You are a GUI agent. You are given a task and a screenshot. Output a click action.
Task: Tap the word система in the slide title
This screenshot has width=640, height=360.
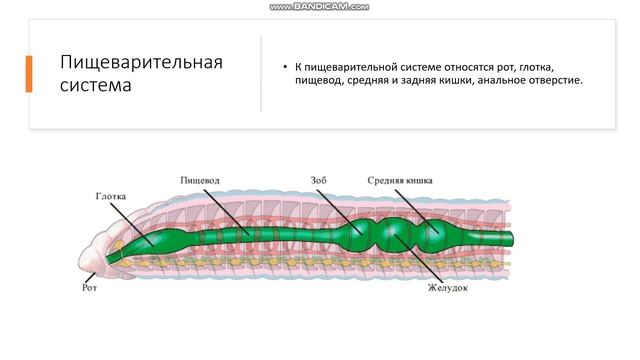96,85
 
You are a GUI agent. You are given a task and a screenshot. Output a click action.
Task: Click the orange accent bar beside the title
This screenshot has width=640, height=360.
29,74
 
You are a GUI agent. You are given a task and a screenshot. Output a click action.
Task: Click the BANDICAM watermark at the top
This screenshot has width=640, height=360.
319,6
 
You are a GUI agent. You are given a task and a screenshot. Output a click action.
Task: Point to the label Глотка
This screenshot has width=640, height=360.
111,196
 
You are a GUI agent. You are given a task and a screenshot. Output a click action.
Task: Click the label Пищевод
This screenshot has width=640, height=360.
200,180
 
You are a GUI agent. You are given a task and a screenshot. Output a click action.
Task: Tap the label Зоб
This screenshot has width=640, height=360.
320,180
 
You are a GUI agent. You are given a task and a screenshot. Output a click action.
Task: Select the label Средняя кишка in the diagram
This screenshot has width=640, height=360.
400,180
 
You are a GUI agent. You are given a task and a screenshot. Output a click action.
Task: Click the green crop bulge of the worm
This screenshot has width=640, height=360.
356,235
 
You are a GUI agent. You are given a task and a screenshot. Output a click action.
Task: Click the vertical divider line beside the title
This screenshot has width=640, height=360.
261,74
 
